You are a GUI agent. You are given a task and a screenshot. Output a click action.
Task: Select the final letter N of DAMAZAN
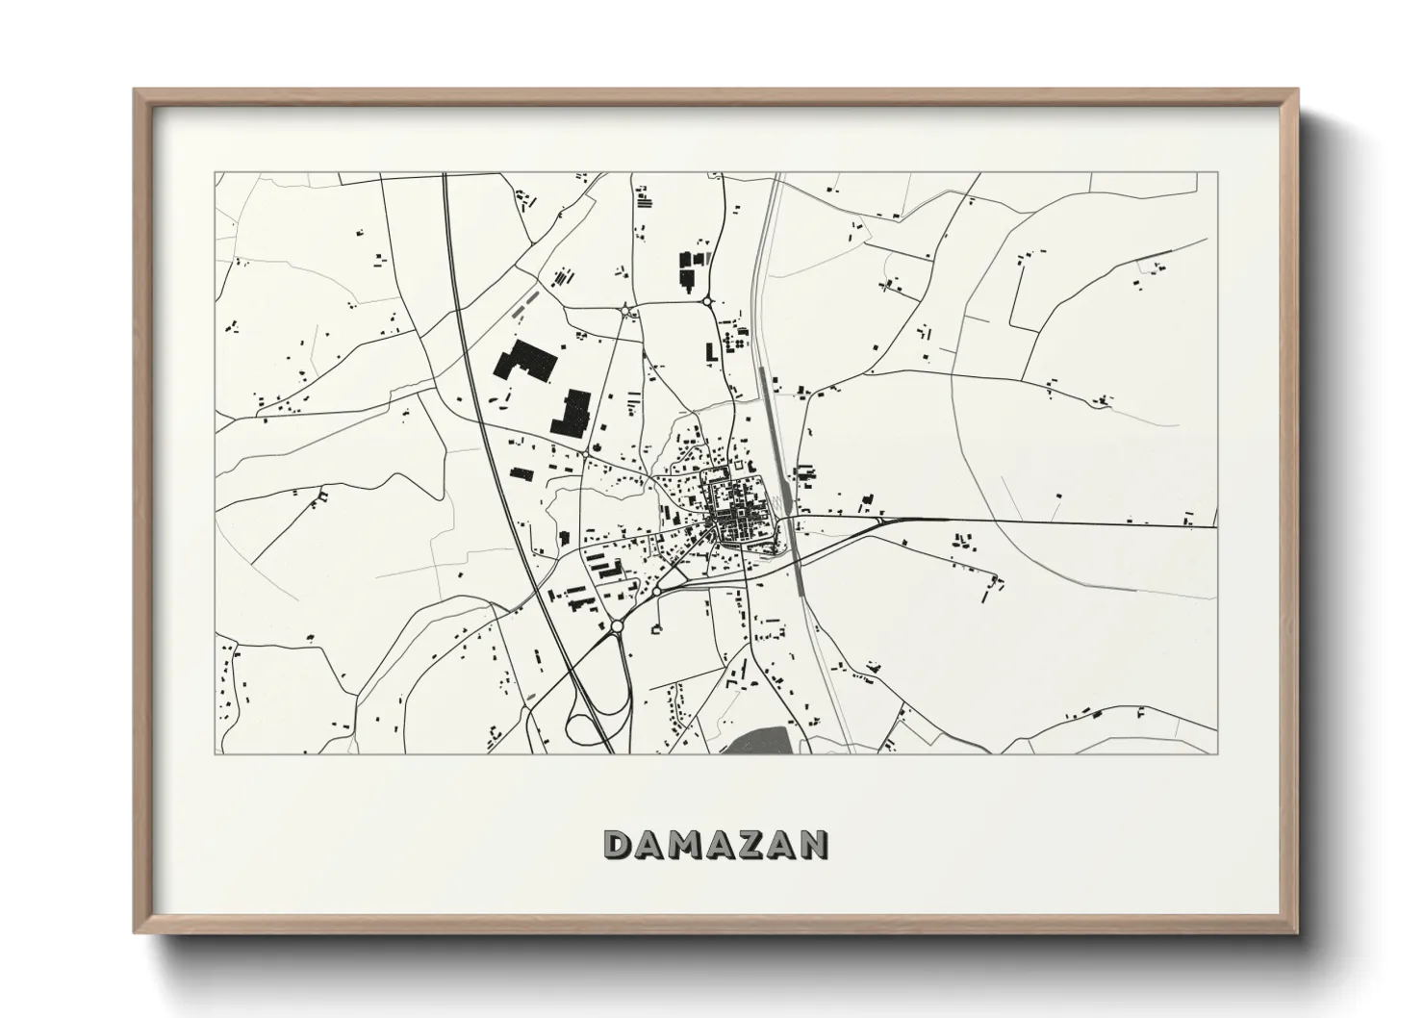[814, 845]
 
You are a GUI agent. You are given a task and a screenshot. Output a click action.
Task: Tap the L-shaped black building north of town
[711, 352]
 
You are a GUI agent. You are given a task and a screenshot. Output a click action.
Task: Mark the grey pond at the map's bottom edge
[766, 741]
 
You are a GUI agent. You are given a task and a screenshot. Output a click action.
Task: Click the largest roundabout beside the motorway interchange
[617, 626]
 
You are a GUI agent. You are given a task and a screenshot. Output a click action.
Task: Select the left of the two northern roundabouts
[627, 310]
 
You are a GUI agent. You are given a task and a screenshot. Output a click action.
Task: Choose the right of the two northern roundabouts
[708, 302]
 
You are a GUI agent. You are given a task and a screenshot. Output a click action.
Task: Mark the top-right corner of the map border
[1217, 173]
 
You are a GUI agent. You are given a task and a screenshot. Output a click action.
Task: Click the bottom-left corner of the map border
[216, 753]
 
